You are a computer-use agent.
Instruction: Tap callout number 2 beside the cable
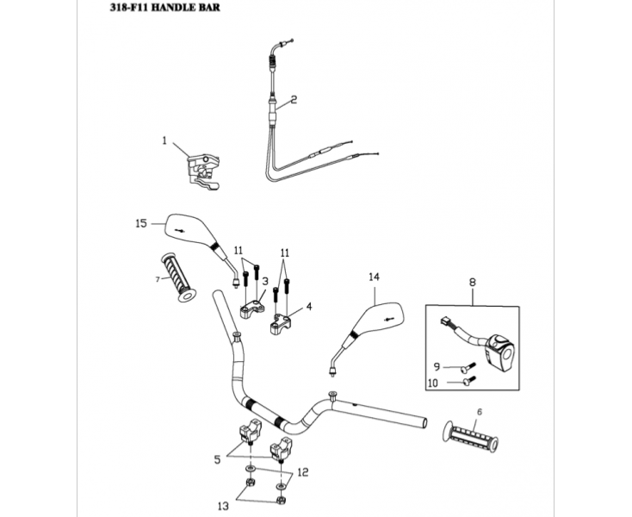294,100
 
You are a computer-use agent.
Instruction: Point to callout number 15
140,223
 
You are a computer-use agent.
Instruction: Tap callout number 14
373,277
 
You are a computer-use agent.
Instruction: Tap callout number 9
436,367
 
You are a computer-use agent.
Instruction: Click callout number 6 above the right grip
479,412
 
